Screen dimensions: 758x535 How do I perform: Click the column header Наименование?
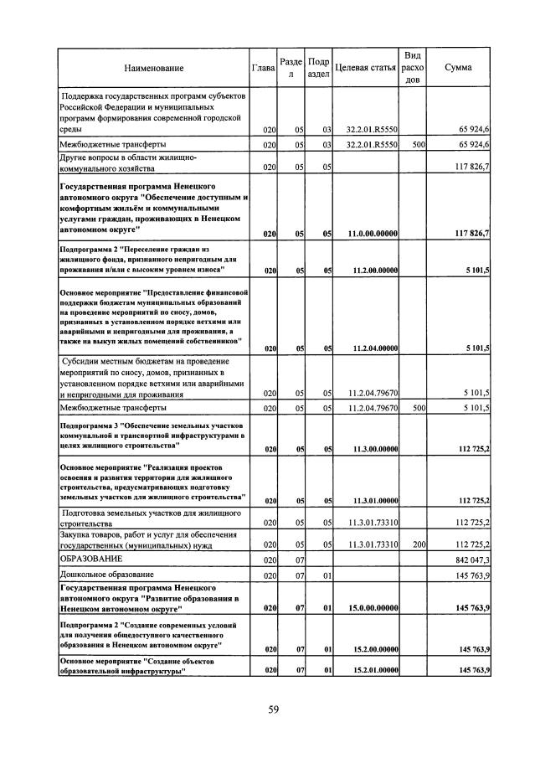[x=153, y=68]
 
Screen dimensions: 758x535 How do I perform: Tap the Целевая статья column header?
[x=365, y=68]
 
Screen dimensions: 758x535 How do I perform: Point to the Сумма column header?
[x=458, y=68]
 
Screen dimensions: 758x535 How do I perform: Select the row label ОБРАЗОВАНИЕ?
[x=90, y=559]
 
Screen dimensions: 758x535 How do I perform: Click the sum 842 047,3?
[x=471, y=559]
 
